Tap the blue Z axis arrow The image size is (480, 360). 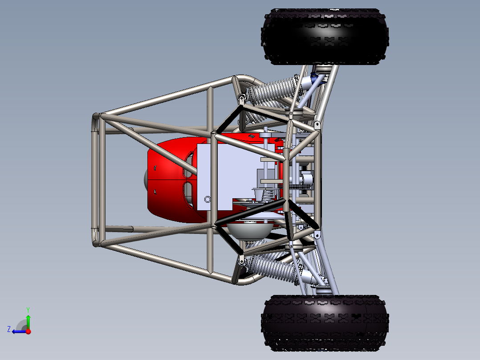[x=18, y=331]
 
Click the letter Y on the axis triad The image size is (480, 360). [x=28, y=309]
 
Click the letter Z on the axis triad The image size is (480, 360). [x=9, y=329]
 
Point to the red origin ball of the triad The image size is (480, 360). [x=28, y=331]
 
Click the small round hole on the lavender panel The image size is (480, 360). [x=207, y=199]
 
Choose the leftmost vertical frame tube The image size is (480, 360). [x=95, y=178]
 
